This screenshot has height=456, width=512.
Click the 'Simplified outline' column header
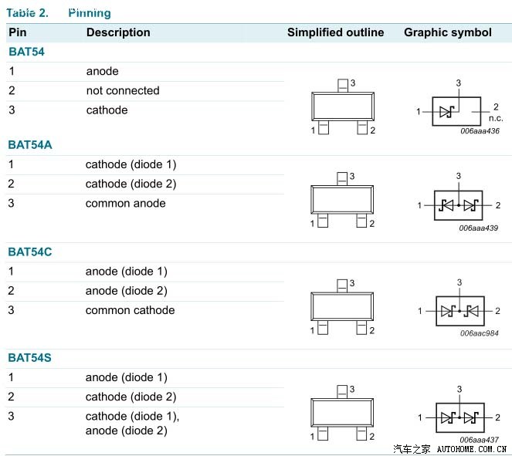(335, 32)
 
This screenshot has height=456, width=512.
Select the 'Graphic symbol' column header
(448, 32)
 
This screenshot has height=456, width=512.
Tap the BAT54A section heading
(30, 145)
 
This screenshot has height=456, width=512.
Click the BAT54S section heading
(29, 357)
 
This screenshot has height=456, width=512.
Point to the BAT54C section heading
(30, 252)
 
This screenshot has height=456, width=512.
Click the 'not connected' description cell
(123, 90)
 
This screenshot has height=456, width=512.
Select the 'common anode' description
(125, 203)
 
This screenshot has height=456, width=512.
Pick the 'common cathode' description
(130, 310)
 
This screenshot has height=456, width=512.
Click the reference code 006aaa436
(480, 131)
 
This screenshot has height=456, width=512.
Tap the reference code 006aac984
(480, 333)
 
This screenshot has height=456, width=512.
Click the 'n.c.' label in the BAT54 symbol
(496, 118)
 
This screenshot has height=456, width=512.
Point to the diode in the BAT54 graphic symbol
(447, 112)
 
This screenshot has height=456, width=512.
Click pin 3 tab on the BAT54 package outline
(343, 86)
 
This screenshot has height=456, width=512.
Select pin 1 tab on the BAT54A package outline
(323, 221)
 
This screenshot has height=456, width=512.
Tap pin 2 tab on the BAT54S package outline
(361, 434)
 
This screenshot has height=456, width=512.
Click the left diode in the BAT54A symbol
(446, 205)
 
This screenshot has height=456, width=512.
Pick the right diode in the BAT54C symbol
(472, 311)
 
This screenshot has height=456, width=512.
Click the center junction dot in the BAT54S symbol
(459, 417)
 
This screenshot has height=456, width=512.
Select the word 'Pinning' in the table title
(90, 13)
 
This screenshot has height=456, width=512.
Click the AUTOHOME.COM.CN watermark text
(472, 450)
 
